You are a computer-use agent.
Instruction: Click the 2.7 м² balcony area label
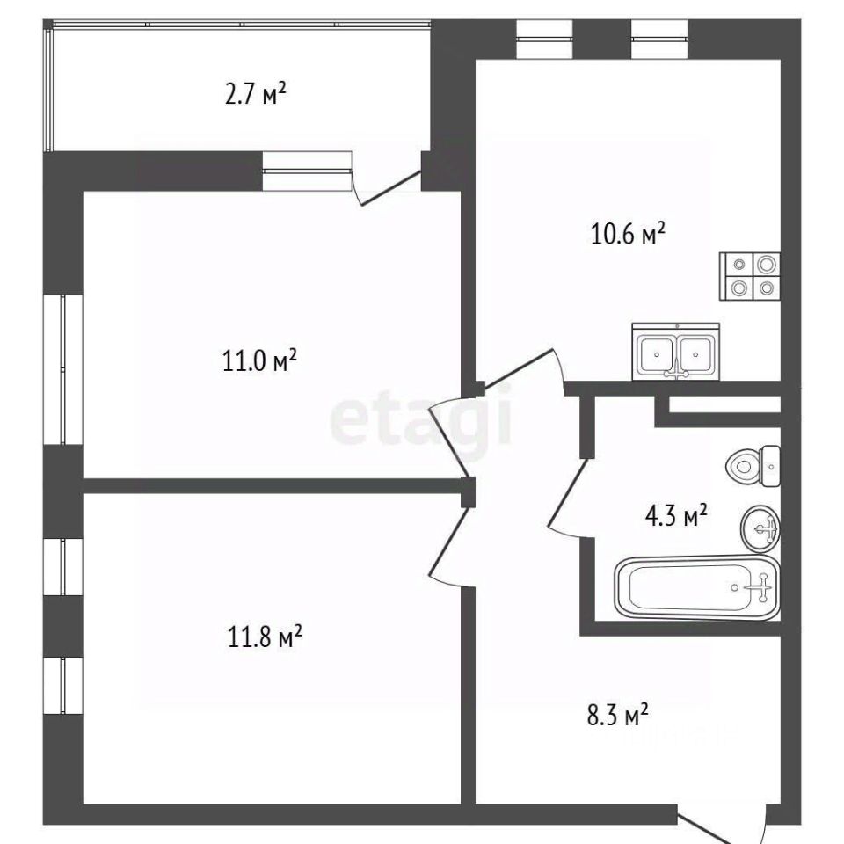255,94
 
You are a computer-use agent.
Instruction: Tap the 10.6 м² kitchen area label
628,234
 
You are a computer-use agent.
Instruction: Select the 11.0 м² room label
260,360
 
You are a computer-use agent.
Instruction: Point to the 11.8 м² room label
265,637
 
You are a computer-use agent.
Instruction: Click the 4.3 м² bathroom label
675,515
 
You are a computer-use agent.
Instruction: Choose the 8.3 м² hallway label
617,716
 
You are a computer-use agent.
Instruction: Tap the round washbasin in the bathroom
760,528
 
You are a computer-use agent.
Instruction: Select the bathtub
697,588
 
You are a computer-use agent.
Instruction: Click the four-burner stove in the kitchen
750,276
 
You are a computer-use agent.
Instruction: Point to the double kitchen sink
675,352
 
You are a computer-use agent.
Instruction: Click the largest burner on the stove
767,264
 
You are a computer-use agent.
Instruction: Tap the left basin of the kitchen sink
656,353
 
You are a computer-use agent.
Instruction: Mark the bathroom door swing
567,495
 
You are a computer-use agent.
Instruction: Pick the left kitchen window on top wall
544,39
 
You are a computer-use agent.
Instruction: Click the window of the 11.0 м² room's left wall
63,369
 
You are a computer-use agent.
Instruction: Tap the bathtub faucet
762,587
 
